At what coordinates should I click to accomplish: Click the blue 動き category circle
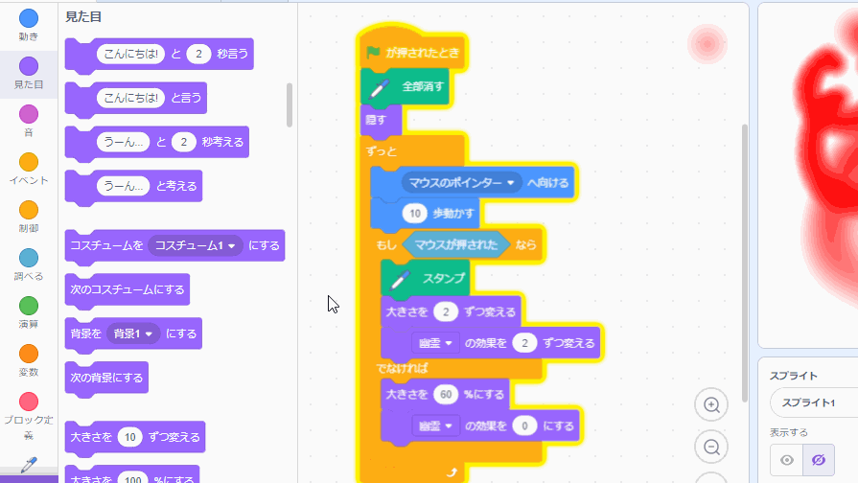pos(29,18)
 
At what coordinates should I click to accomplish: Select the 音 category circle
pos(29,114)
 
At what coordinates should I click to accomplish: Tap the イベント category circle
pos(29,162)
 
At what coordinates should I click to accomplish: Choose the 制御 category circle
pos(29,210)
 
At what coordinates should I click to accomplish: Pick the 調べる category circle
pos(29,258)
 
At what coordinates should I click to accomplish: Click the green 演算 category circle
pos(29,306)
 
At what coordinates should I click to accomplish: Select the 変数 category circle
pos(29,354)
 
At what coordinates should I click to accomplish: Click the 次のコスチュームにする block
pos(128,288)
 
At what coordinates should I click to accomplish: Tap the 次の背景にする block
pos(106,377)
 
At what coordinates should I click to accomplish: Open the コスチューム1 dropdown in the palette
pos(196,245)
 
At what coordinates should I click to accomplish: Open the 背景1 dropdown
pos(132,333)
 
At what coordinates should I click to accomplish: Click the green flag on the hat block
pos(373,53)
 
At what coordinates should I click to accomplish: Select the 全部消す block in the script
pos(421,86)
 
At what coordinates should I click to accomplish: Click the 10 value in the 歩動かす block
pos(414,214)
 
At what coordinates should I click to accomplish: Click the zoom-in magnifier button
pos(711,405)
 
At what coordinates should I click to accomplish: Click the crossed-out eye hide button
pos(819,460)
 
